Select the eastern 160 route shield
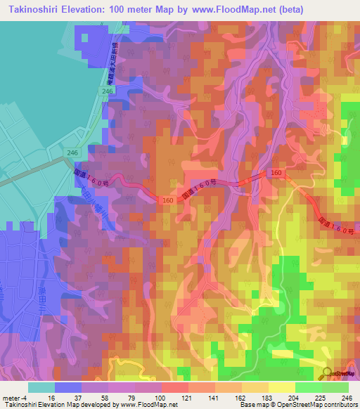coord(276,172)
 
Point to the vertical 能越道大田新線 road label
coord(113,63)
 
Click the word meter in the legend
coord(11,397)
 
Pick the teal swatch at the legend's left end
coord(41,387)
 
